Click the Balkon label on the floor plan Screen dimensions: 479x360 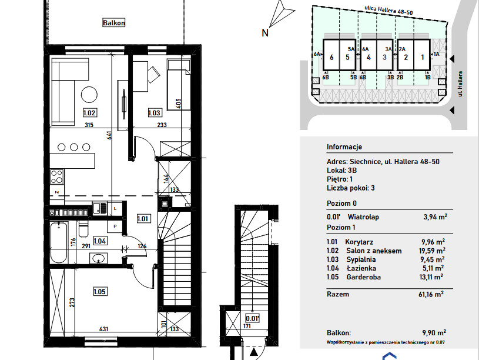[x=113, y=22]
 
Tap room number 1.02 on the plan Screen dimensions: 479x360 [x=89, y=113]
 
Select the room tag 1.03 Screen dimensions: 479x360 [x=154, y=113]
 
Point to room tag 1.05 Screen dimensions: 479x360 [x=100, y=292]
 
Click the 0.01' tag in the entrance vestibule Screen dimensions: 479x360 [x=253, y=318]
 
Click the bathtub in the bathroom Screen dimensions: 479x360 [x=59, y=243]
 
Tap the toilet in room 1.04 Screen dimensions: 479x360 [x=83, y=229]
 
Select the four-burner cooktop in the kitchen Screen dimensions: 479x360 [x=57, y=177]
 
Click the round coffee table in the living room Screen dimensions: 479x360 [x=89, y=95]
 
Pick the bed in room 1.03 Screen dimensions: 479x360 [x=179, y=85]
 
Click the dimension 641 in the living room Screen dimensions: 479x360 [x=109, y=135]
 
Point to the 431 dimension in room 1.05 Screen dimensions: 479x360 [x=103, y=329]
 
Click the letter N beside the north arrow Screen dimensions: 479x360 [x=265, y=33]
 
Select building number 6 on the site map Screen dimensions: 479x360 [x=331, y=57]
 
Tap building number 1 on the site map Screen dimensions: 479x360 [x=423, y=57]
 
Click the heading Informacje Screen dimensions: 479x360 [x=344, y=147]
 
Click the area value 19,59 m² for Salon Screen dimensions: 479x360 [x=432, y=251]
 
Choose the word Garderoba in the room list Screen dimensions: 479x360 [x=364, y=277]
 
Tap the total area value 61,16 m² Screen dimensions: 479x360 [x=431, y=294]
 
